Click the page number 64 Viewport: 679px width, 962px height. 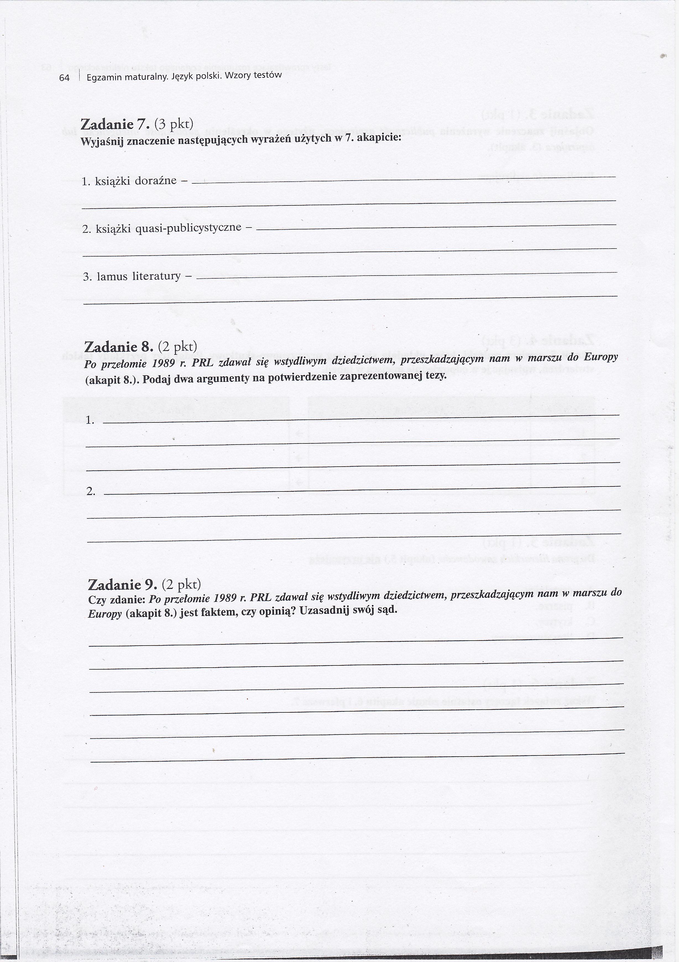(x=64, y=78)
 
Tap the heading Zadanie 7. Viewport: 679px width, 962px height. (x=114, y=125)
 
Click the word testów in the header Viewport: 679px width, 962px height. (x=268, y=75)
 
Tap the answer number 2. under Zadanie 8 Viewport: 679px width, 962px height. (x=91, y=492)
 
